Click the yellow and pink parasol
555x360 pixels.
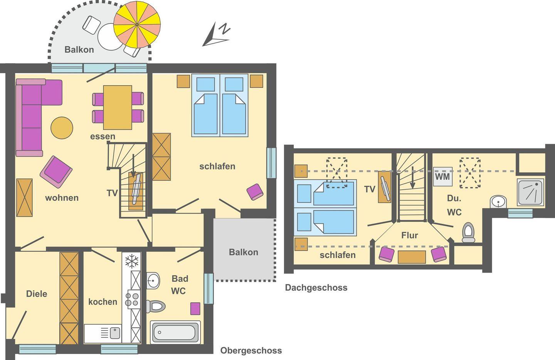point(137,25)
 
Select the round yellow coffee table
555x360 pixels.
point(62,128)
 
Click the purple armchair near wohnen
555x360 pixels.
point(56,172)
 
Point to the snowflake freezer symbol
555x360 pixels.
point(131,261)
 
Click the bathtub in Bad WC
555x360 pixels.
point(175,332)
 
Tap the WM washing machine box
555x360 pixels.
point(443,177)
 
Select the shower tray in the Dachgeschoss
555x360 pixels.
point(530,192)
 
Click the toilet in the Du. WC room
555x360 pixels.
point(468,232)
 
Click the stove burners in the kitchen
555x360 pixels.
point(132,299)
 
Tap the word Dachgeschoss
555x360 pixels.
point(316,288)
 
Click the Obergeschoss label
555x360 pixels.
point(251,350)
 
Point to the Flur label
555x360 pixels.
point(410,235)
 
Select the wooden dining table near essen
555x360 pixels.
point(118,108)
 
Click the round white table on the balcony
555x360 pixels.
point(110,37)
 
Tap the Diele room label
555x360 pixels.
point(37,294)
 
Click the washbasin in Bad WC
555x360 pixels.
point(153,281)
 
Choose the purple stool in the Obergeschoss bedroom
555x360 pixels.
point(255,192)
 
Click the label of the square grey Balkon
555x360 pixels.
point(244,252)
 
